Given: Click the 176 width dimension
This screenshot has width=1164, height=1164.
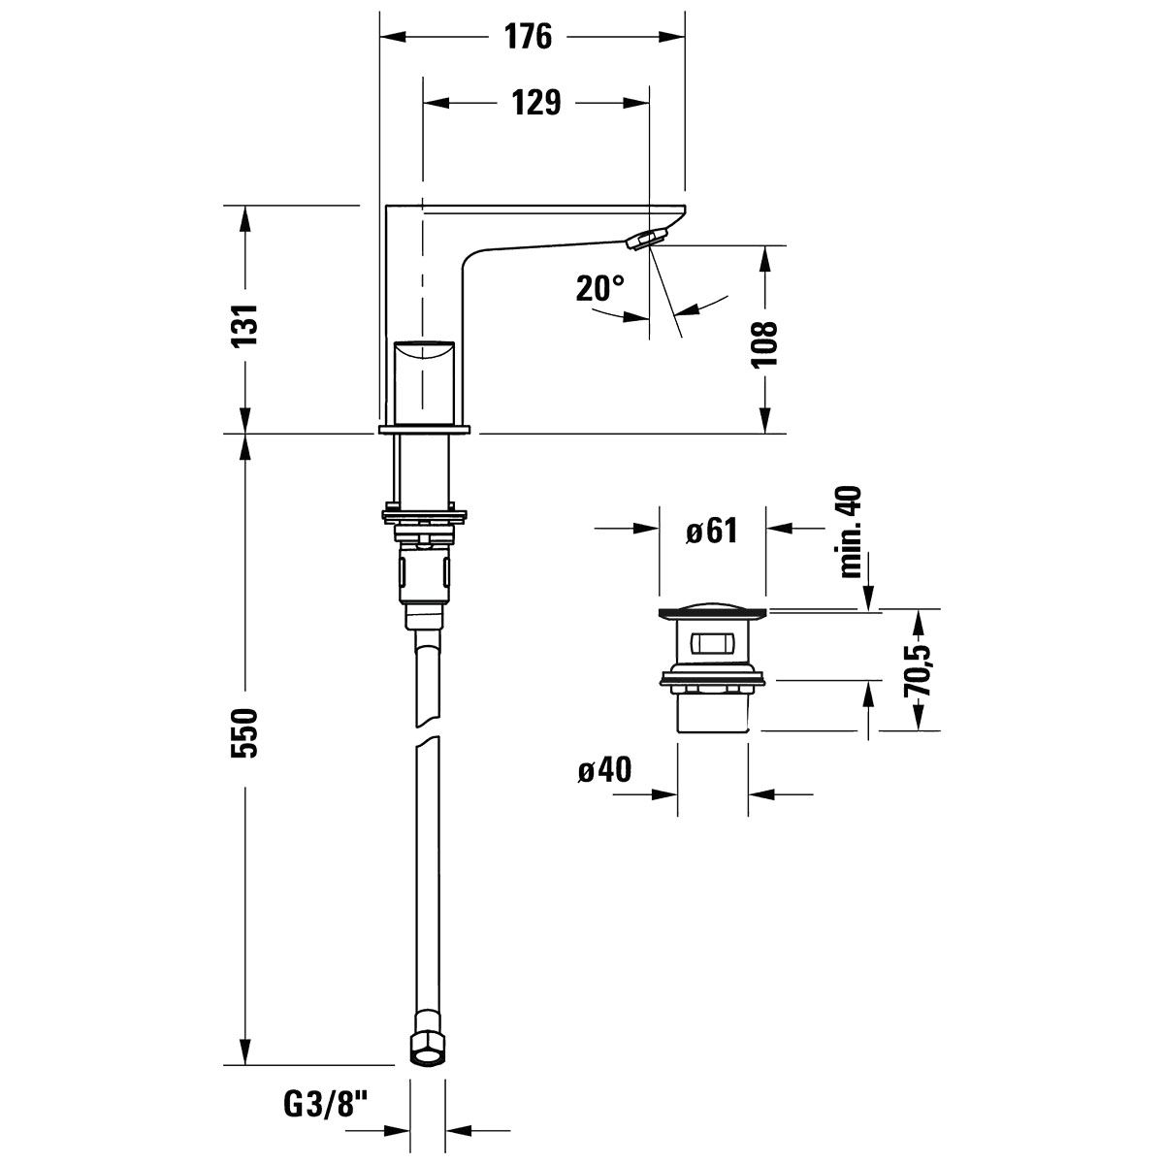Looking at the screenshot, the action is [529, 37].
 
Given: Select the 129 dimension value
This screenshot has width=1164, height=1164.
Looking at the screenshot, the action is [536, 103].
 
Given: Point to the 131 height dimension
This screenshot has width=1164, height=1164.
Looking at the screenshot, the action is [245, 324].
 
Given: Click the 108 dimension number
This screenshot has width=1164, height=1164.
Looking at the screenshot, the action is [763, 343].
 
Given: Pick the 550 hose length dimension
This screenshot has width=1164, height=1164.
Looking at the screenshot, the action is [245, 733].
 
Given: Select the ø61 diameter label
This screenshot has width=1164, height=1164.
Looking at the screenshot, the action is [712, 531].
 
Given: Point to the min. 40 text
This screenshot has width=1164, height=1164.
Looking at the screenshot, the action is [851, 532].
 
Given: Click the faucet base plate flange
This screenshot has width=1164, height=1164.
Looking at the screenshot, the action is [424, 430].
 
